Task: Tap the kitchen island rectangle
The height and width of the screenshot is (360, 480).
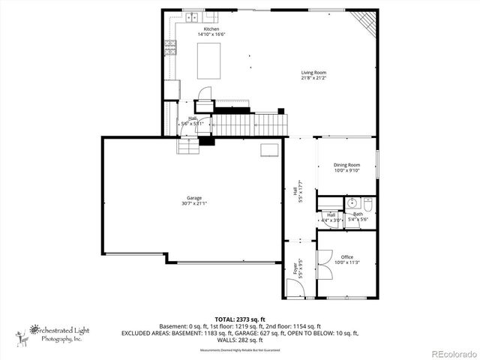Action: pyautogui.click(x=210, y=61)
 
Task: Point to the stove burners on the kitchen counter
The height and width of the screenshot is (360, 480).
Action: pyautogui.click(x=170, y=49)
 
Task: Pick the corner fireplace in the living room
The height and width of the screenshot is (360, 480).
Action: pyautogui.click(x=364, y=22)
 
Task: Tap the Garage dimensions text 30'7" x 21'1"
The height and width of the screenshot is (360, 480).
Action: pyautogui.click(x=193, y=202)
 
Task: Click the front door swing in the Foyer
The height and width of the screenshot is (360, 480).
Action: pyautogui.click(x=293, y=287)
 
